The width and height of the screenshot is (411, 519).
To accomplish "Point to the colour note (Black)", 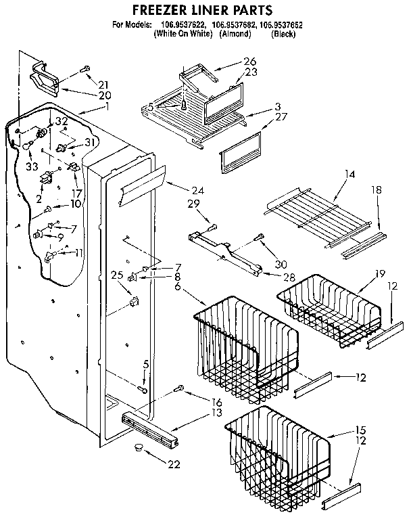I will [x=283, y=33].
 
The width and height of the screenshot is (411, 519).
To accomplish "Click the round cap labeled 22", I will [x=139, y=447].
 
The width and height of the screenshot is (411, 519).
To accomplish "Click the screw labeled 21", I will [x=87, y=68].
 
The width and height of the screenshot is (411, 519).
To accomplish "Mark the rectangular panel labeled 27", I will [x=240, y=153].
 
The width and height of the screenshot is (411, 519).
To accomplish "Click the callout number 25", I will [x=118, y=275].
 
